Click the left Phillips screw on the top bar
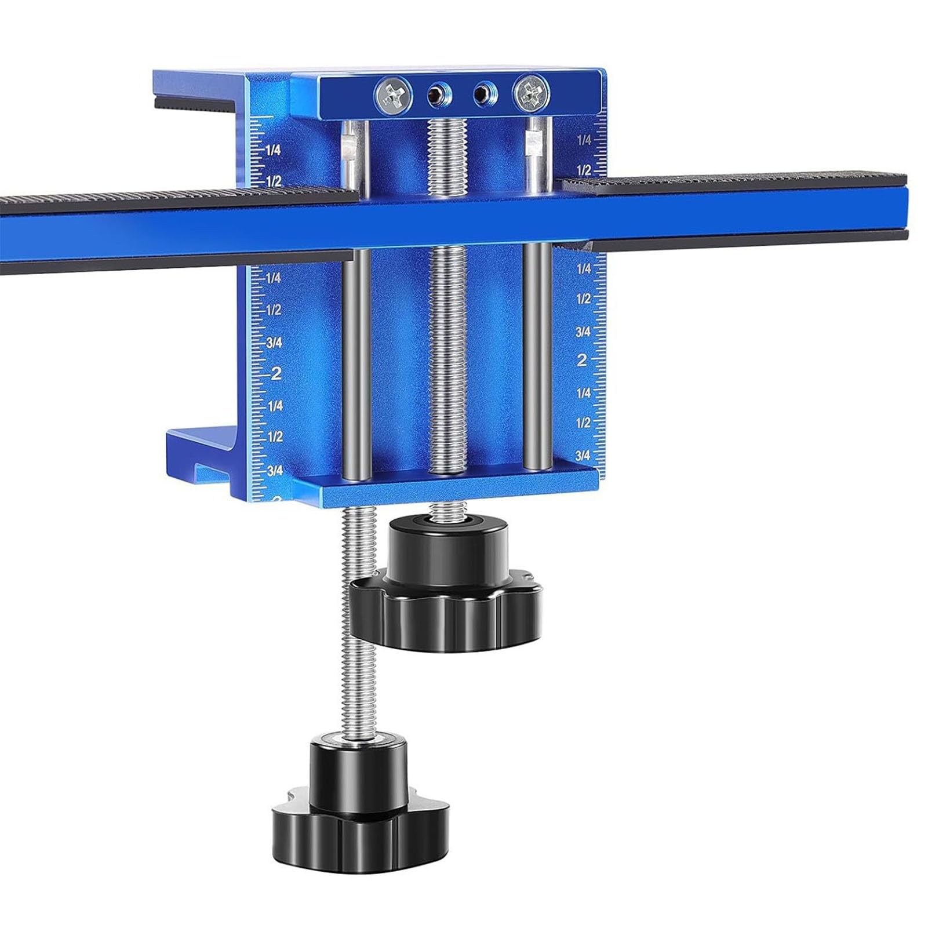pos(394,95)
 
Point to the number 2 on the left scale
pos(276,373)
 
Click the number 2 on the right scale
pos(581,361)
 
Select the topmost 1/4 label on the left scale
pos(273,150)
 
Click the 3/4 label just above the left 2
pos(274,343)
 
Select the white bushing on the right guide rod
pos(533,143)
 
